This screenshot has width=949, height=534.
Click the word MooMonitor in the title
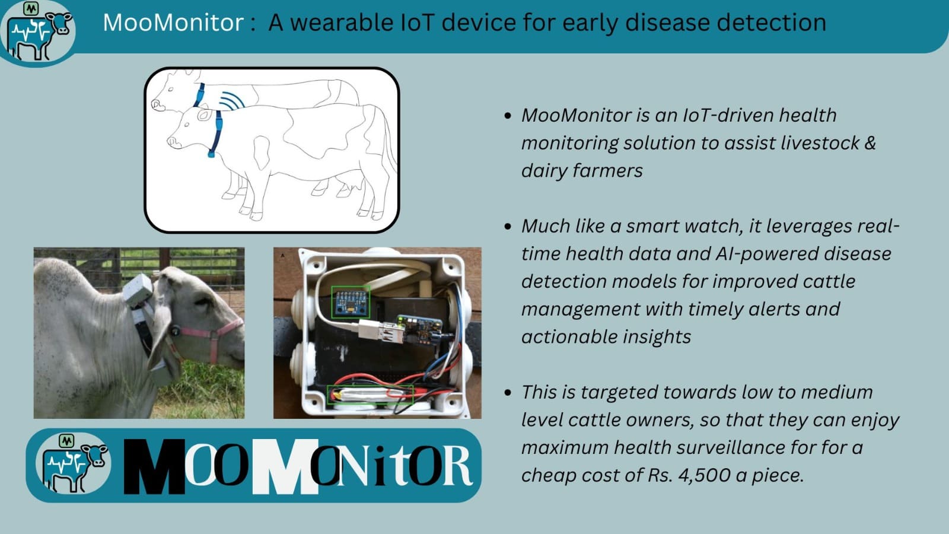point(173,23)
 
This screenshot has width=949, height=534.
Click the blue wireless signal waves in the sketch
point(232,101)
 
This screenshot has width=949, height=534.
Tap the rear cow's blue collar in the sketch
point(199,95)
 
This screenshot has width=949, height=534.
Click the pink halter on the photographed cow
point(214,336)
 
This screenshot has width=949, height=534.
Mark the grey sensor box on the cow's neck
point(138,290)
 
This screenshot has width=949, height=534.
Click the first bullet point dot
point(508,116)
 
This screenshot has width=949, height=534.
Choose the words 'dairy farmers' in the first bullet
point(582,171)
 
